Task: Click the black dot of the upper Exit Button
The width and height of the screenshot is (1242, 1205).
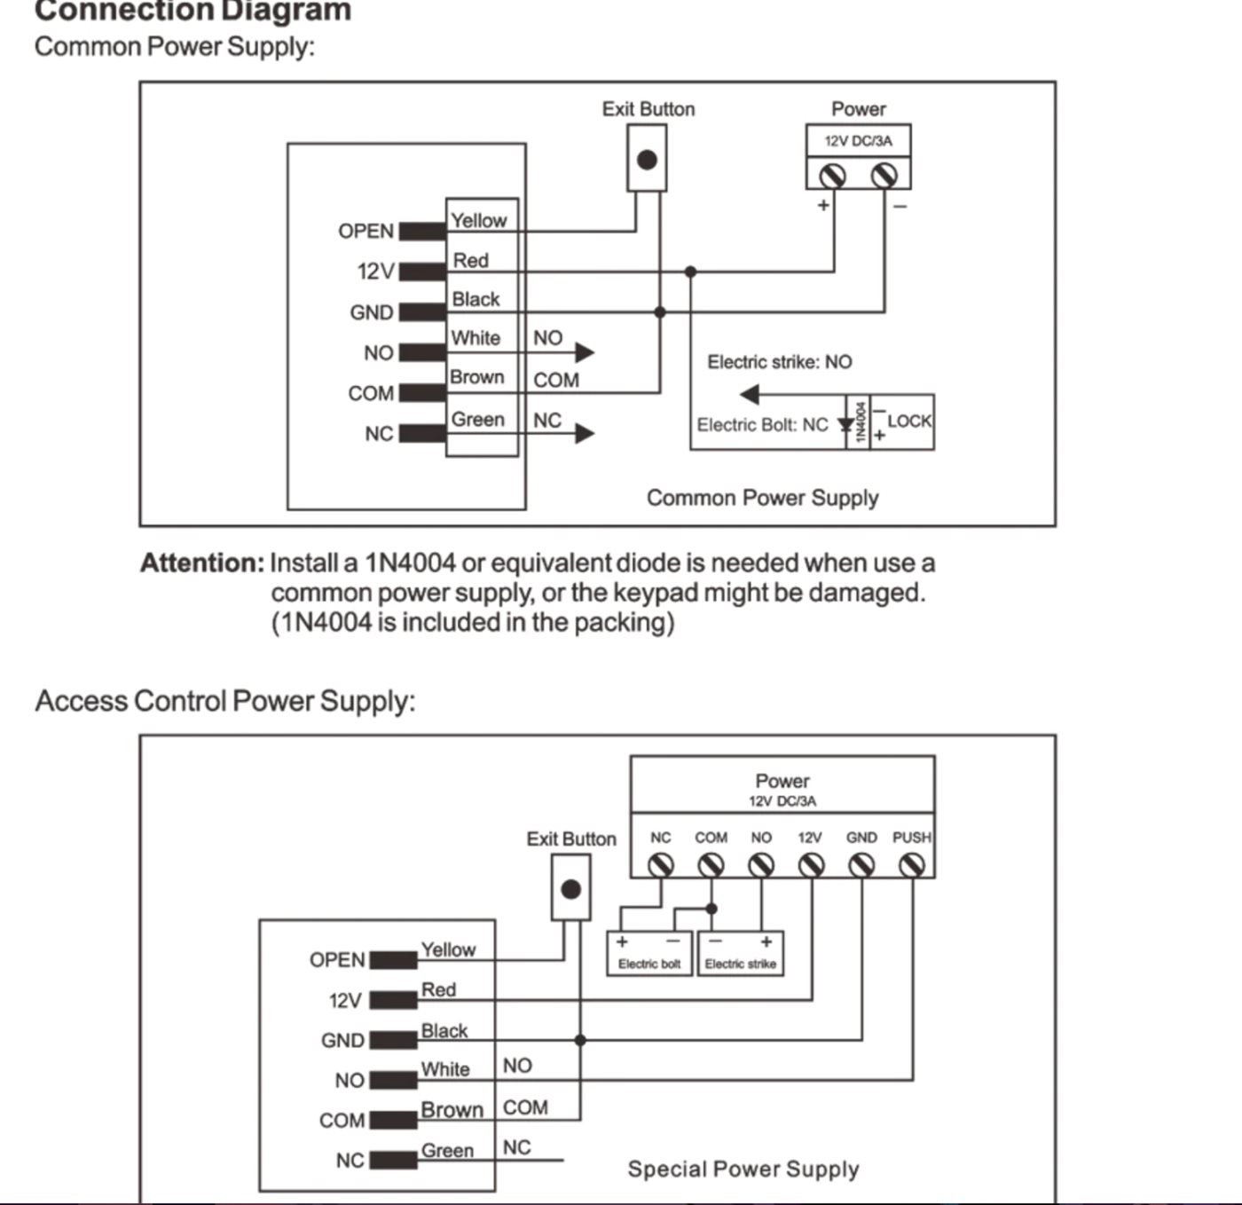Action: (x=647, y=160)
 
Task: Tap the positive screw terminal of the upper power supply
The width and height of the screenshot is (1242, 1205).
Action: (x=832, y=176)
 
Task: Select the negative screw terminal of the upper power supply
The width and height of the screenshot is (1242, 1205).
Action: (x=884, y=176)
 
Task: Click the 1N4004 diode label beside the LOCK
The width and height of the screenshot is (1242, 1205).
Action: (x=860, y=421)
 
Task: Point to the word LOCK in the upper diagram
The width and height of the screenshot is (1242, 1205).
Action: (x=909, y=421)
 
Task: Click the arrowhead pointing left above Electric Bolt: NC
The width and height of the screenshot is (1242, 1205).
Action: (x=750, y=395)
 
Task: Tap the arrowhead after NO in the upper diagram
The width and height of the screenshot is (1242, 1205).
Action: (x=585, y=352)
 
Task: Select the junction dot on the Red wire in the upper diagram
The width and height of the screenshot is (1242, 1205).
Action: (x=690, y=272)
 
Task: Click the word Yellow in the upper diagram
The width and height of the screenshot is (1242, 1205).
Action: (x=479, y=221)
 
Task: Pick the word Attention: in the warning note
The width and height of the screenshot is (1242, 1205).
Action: (x=201, y=563)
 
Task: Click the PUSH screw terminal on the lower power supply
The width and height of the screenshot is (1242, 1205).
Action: (x=911, y=866)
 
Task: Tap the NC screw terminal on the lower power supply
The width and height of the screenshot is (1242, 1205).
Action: (x=661, y=866)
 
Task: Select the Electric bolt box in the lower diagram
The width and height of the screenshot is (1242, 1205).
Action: (x=649, y=954)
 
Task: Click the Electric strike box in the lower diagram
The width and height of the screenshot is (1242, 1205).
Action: (x=741, y=954)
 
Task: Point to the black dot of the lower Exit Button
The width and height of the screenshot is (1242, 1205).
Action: (x=570, y=889)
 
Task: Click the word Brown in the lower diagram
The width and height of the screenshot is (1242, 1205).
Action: (x=452, y=1110)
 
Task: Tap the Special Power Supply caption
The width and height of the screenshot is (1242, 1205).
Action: (x=743, y=1169)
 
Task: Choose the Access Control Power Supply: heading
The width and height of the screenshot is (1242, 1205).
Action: (x=225, y=701)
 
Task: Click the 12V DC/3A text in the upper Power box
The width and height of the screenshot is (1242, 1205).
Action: (x=858, y=141)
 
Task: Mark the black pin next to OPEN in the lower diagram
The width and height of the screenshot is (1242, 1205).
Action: (x=393, y=960)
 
